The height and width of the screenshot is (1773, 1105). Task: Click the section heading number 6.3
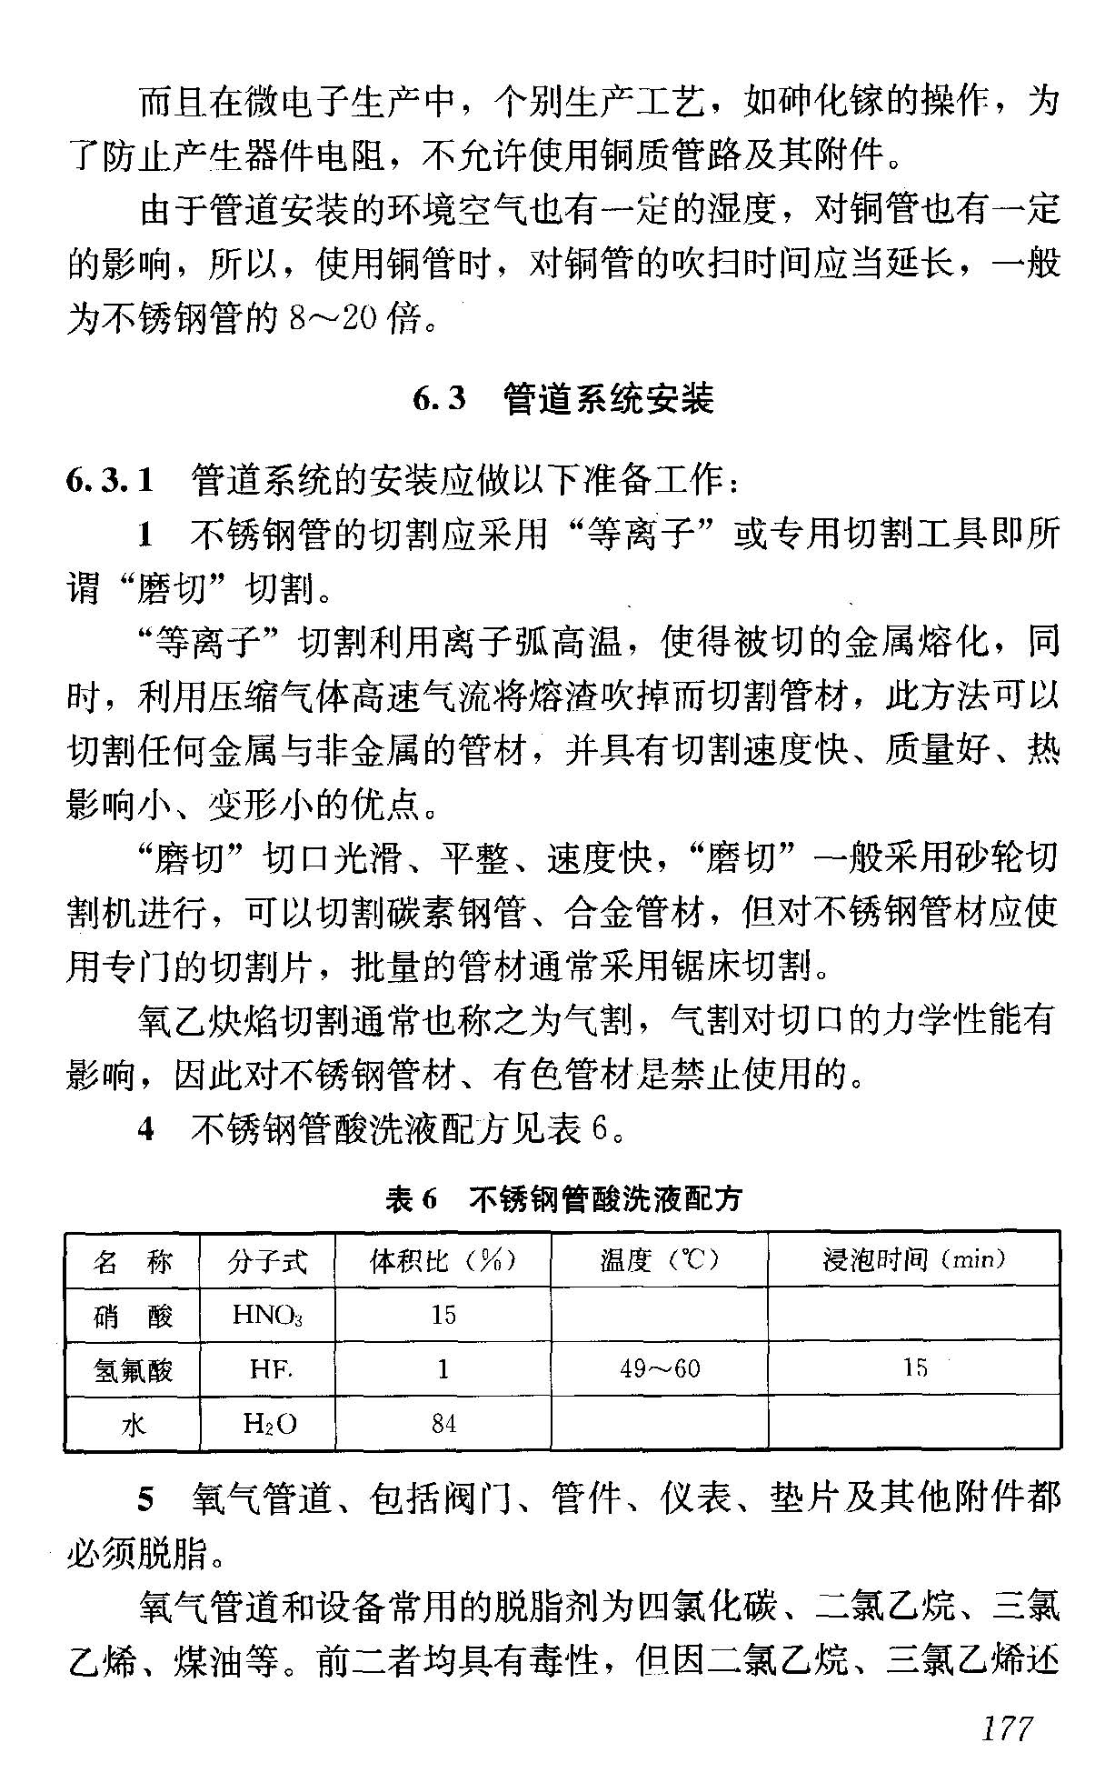pyautogui.click(x=439, y=399)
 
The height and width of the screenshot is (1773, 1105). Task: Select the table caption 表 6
pyautogui.click(x=411, y=1199)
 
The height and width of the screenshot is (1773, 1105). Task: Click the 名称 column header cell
pyautogui.click(x=133, y=1261)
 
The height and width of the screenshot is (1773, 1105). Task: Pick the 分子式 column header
pyautogui.click(x=267, y=1261)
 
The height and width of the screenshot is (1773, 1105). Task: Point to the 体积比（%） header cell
pyautogui.click(x=443, y=1260)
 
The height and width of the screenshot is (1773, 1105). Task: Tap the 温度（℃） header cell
pyautogui.click(x=659, y=1260)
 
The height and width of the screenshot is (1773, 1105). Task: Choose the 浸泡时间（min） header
pyautogui.click(x=913, y=1260)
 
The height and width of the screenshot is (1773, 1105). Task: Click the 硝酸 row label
pyautogui.click(x=133, y=1316)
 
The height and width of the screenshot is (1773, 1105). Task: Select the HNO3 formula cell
pyautogui.click(x=267, y=1316)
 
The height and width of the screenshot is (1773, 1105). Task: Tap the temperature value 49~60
pyautogui.click(x=660, y=1369)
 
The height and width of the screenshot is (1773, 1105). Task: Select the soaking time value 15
pyautogui.click(x=914, y=1368)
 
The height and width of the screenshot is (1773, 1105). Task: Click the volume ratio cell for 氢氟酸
pyautogui.click(x=443, y=1369)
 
